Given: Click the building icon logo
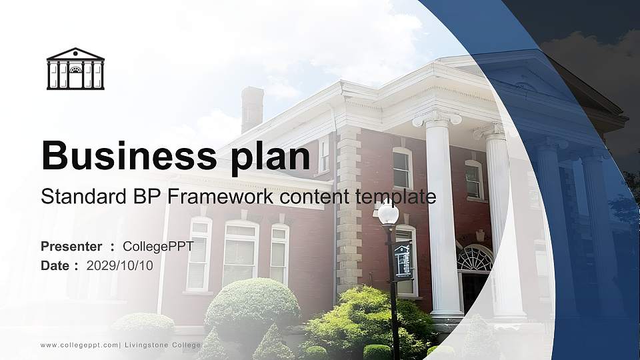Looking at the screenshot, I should (75, 69).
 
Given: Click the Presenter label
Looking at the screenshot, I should (71, 247).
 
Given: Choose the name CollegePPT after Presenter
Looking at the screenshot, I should (158, 247).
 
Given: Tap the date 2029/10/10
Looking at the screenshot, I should (119, 265).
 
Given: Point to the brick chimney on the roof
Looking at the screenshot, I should (252, 109).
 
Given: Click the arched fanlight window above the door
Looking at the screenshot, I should (475, 259).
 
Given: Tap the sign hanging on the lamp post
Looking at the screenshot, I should (403, 260).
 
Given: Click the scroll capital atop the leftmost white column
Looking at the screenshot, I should (437, 119).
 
